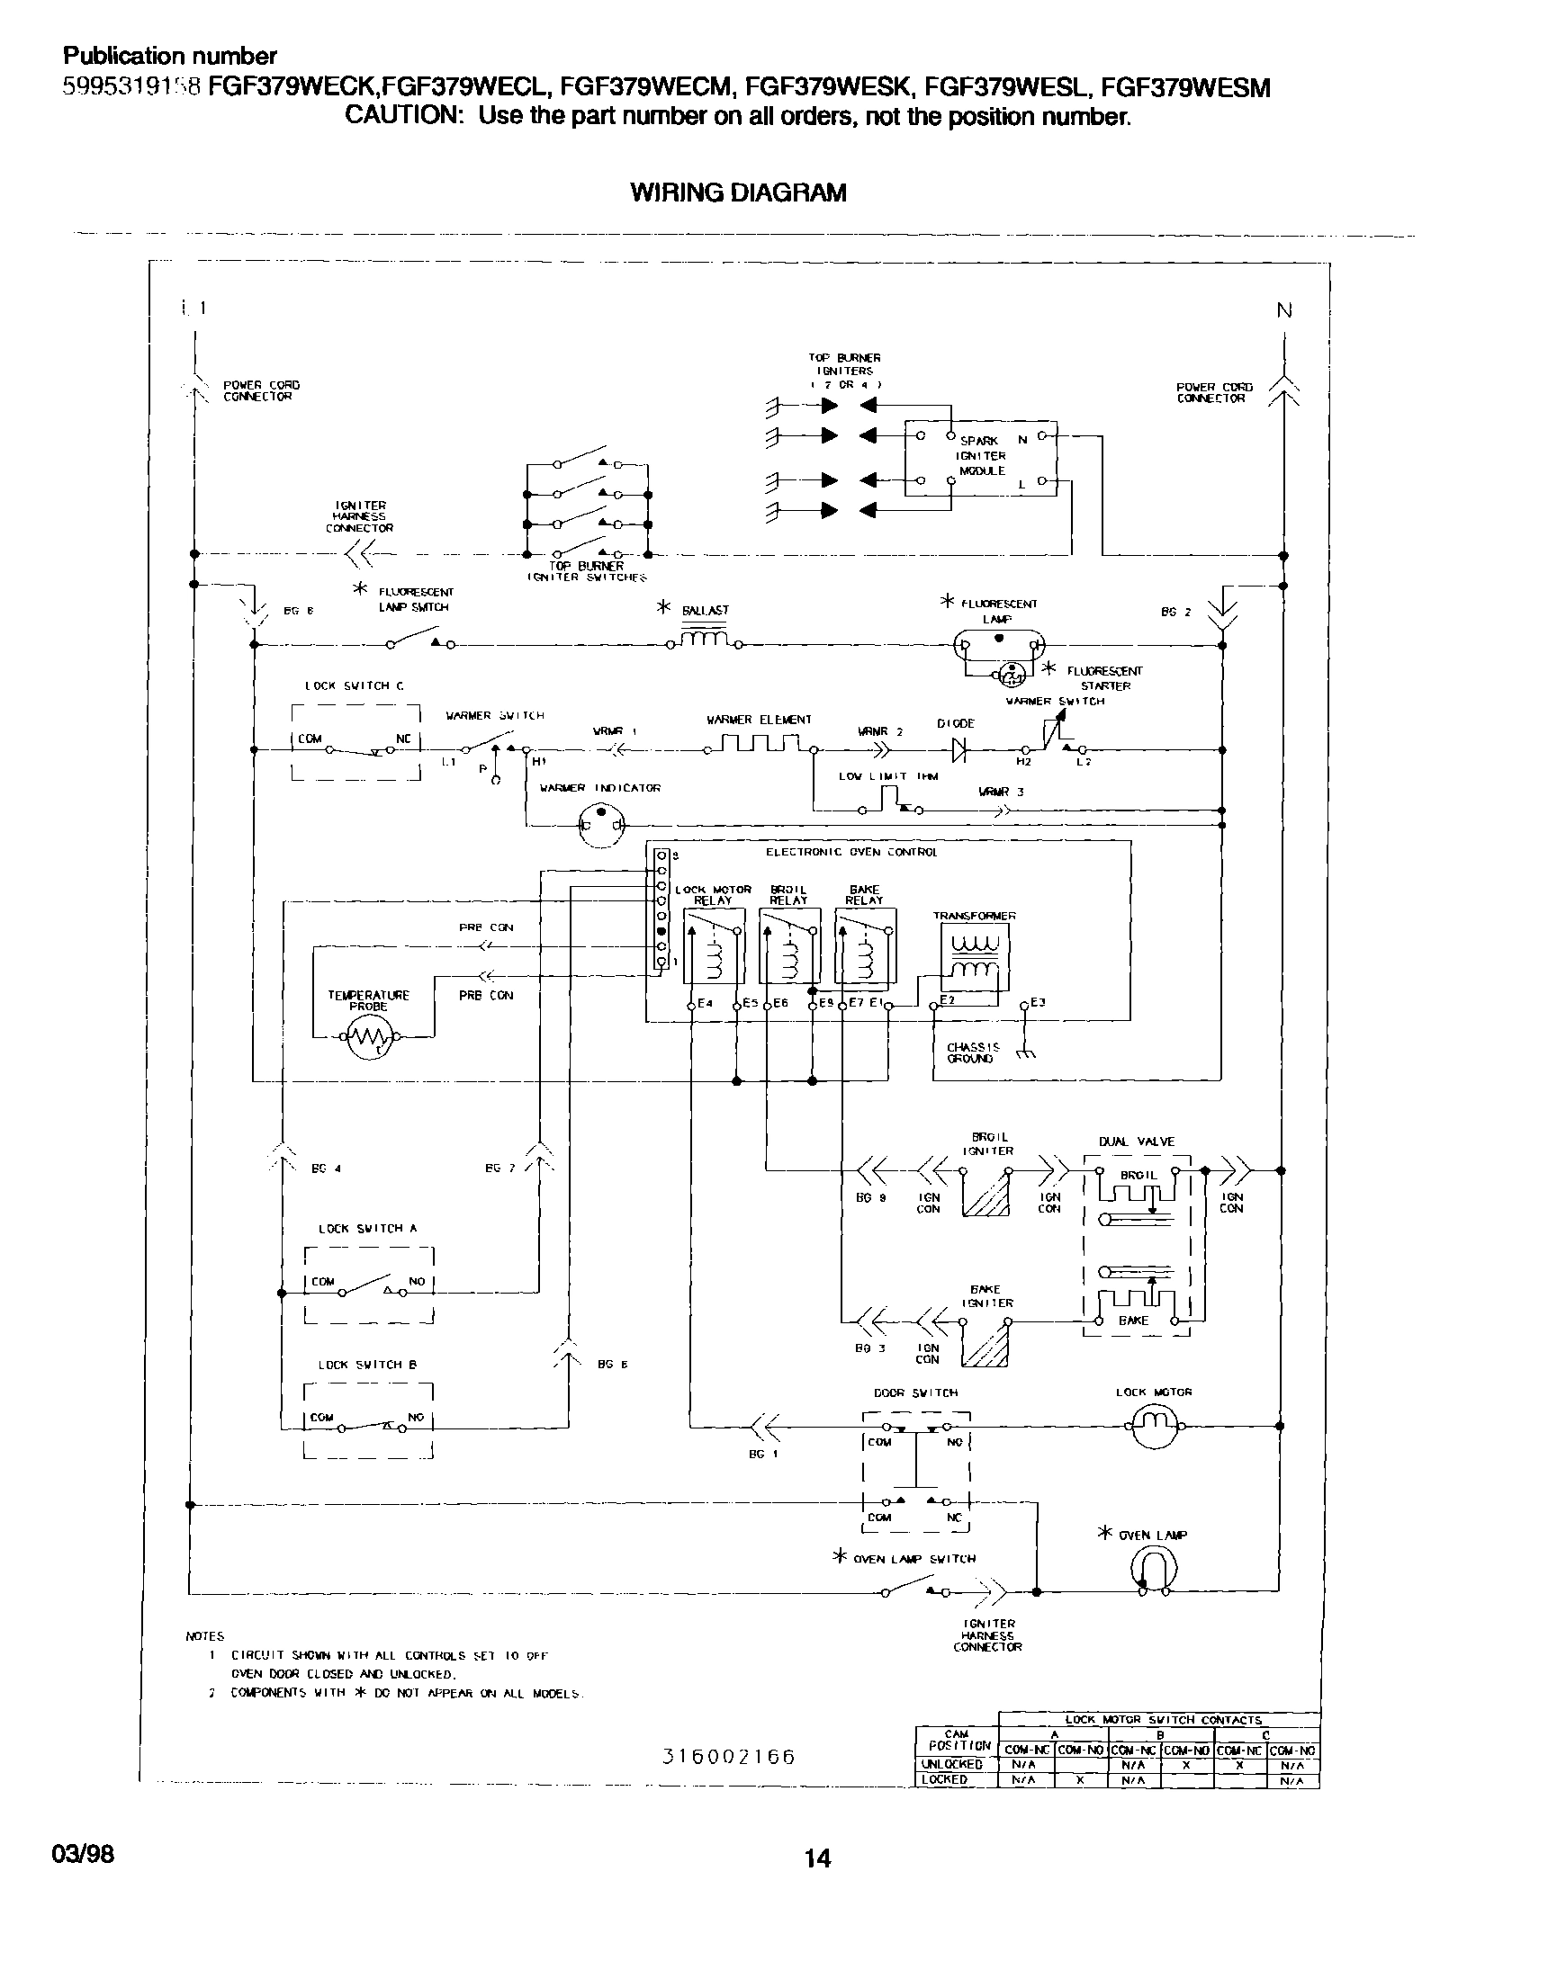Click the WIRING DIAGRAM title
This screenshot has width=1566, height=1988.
coord(738,193)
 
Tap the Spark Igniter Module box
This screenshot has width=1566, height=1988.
coord(980,458)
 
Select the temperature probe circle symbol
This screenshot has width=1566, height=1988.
coord(370,1036)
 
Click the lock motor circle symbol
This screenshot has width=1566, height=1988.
coord(1155,1426)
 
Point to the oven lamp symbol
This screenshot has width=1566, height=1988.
coord(1155,1570)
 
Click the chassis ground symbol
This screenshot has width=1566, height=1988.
coord(1027,1054)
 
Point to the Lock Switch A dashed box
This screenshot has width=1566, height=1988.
coord(369,1285)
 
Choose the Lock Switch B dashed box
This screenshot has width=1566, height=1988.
coord(369,1421)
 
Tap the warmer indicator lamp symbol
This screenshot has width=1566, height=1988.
coord(600,826)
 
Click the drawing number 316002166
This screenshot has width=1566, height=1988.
coord(729,1756)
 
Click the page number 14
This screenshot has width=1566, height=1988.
coord(817,1858)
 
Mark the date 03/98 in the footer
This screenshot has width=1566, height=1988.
coord(89,1853)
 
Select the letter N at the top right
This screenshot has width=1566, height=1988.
coord(1284,310)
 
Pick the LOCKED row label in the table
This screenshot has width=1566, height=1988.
coord(945,1779)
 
